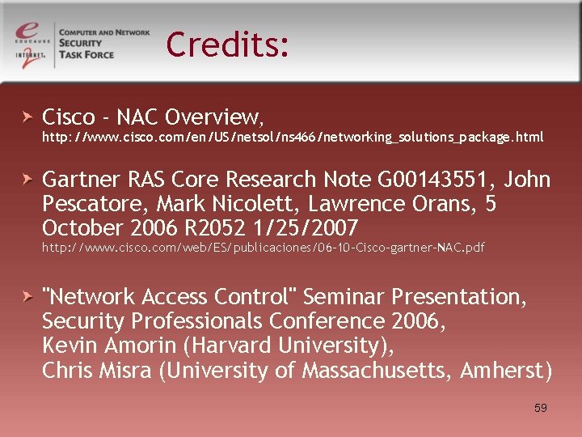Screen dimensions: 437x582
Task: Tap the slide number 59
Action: pyautogui.click(x=541, y=408)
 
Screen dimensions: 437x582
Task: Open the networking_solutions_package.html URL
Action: pyautogui.click(x=293, y=138)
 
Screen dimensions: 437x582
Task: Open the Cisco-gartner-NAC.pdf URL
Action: pyautogui.click(x=264, y=248)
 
